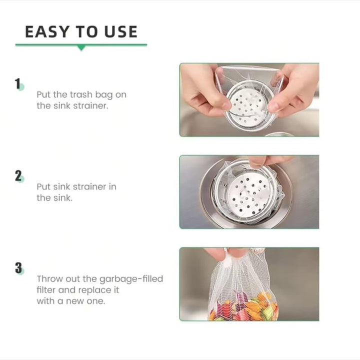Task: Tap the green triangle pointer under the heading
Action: [81, 47]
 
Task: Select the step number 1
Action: [18, 83]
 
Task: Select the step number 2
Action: [18, 176]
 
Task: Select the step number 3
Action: [18, 268]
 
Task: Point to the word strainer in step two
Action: [90, 187]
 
